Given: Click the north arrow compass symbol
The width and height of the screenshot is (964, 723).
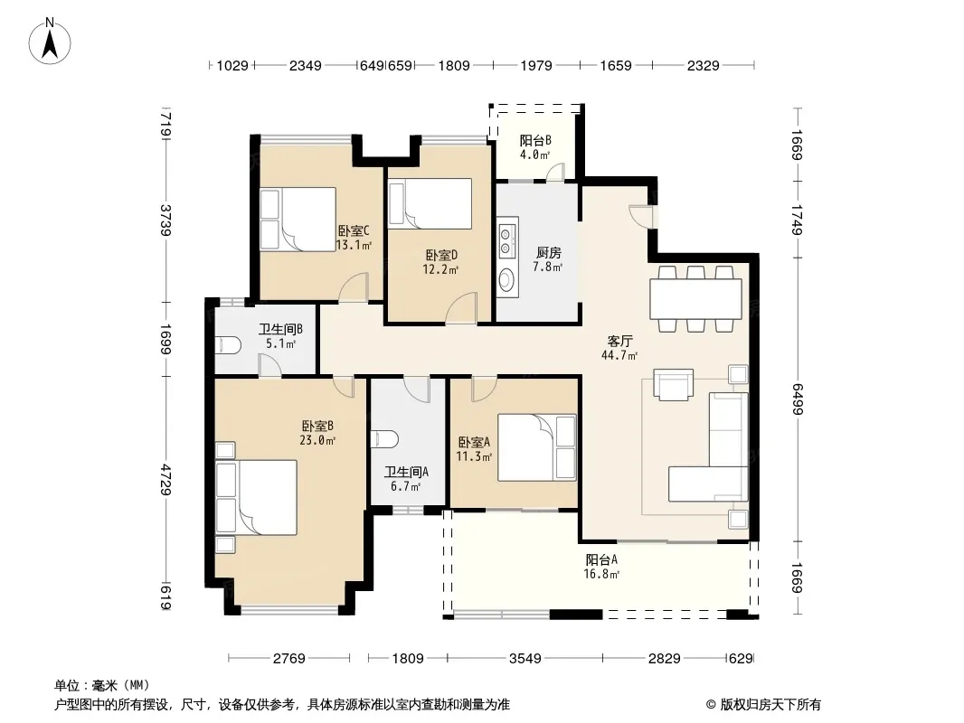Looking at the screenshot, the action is (50, 42).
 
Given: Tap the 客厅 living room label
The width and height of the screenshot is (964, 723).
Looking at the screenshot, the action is (619, 341).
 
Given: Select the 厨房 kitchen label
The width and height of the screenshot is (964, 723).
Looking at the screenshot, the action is (548, 252).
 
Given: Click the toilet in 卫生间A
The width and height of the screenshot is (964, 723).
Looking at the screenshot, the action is (385, 439).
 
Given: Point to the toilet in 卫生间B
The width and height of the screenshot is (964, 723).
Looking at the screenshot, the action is (227, 344).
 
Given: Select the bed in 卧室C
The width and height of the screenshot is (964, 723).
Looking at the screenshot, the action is (298, 220).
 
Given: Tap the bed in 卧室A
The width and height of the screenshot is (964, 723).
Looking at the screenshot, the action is (537, 447).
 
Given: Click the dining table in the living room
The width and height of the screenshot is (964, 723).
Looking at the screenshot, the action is (696, 299).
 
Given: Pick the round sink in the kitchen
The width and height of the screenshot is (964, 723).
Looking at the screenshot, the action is (506, 280).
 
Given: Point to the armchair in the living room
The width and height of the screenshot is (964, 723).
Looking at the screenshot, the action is (673, 384).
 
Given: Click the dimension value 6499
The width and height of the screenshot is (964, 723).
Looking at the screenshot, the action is (798, 399).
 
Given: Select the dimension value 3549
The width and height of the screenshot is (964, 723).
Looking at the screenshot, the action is (525, 659).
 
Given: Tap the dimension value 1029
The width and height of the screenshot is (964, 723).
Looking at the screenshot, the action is (232, 65).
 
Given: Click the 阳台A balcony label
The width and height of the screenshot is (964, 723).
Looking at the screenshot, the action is (601, 559).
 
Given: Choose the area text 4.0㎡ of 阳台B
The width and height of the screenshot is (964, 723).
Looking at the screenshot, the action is (534, 155).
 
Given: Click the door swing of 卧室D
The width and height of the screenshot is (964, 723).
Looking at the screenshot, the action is (461, 308).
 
